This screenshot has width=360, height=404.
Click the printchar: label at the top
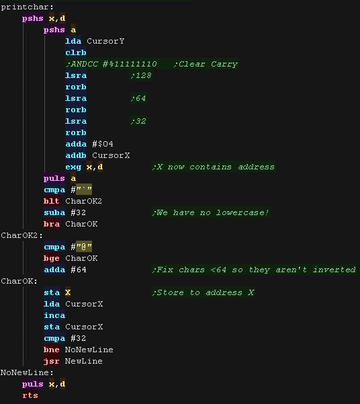(x=27, y=7)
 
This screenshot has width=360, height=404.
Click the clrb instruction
(x=76, y=52)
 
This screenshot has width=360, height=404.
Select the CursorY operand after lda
(x=105, y=41)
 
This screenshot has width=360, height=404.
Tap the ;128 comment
(x=141, y=75)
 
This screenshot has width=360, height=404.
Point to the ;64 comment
(x=138, y=98)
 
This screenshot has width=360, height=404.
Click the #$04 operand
(x=103, y=144)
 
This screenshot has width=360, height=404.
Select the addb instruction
(x=76, y=155)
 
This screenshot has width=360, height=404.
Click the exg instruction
(x=73, y=167)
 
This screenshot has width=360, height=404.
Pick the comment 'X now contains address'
(x=214, y=167)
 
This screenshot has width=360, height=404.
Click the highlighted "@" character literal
(x=84, y=247)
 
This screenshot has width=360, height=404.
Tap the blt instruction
(x=52, y=201)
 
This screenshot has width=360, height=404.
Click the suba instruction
(x=54, y=212)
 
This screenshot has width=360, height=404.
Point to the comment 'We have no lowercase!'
(x=211, y=212)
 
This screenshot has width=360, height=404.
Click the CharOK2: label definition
(x=22, y=235)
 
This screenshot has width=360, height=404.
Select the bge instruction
(x=52, y=258)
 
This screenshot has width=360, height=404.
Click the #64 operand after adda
(x=79, y=270)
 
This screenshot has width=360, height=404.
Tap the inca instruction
(x=54, y=315)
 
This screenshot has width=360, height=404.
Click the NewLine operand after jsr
(x=84, y=361)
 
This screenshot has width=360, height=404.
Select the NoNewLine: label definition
(x=27, y=372)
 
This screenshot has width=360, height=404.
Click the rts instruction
(x=30, y=395)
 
